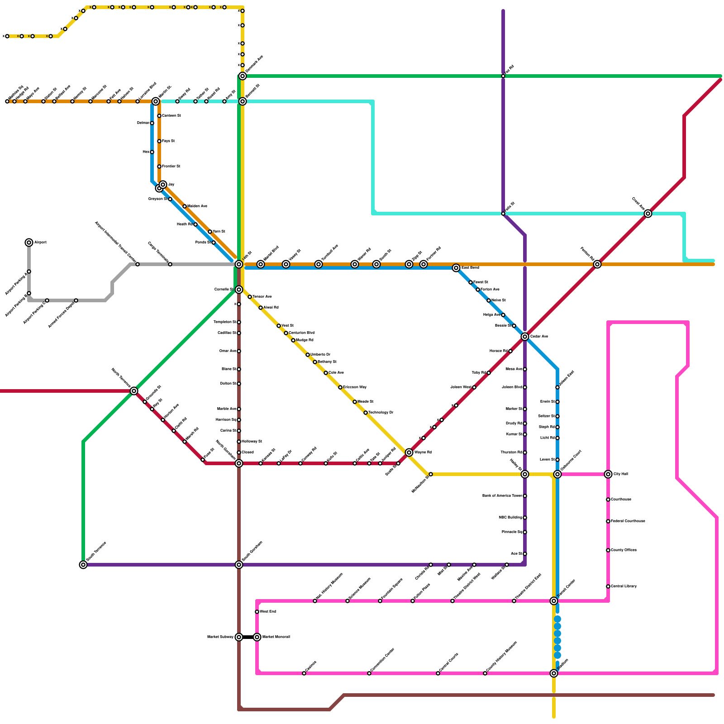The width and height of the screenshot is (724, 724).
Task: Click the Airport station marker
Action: point(29,243)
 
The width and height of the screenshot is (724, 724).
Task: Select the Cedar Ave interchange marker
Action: point(525,337)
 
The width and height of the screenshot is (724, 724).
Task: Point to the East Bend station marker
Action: point(456,268)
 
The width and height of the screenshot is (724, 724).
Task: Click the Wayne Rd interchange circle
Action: point(409,452)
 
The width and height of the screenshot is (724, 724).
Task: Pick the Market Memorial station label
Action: point(276,637)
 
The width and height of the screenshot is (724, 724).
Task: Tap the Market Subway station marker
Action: point(239,637)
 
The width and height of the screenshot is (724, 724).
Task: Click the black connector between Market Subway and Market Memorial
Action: point(248,637)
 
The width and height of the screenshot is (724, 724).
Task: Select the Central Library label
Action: point(624,586)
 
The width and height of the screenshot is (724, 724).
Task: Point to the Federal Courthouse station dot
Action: point(608,521)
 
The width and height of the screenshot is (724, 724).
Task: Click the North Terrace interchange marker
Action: point(134,391)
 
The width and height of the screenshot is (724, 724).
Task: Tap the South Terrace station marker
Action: point(83,565)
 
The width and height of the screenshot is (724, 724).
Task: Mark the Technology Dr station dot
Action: point(366,413)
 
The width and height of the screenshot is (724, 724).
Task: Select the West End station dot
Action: point(257,612)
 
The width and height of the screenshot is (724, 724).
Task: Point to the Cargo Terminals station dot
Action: point(170,264)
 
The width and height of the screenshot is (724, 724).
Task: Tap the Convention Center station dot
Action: point(369,673)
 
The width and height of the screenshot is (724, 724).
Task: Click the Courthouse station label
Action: point(621,500)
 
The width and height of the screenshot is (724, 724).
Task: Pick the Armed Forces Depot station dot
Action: point(76,300)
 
